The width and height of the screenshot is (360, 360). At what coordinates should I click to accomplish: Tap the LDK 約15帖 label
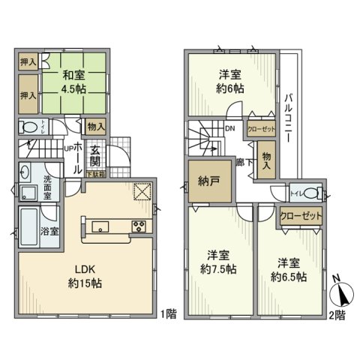(87, 278)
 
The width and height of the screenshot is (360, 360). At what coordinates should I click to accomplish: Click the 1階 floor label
(169, 313)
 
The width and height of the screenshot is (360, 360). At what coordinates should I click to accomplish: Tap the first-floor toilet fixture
(28, 128)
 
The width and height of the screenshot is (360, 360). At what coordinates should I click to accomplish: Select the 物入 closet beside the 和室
(96, 127)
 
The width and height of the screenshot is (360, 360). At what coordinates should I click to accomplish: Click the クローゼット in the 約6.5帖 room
(301, 215)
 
